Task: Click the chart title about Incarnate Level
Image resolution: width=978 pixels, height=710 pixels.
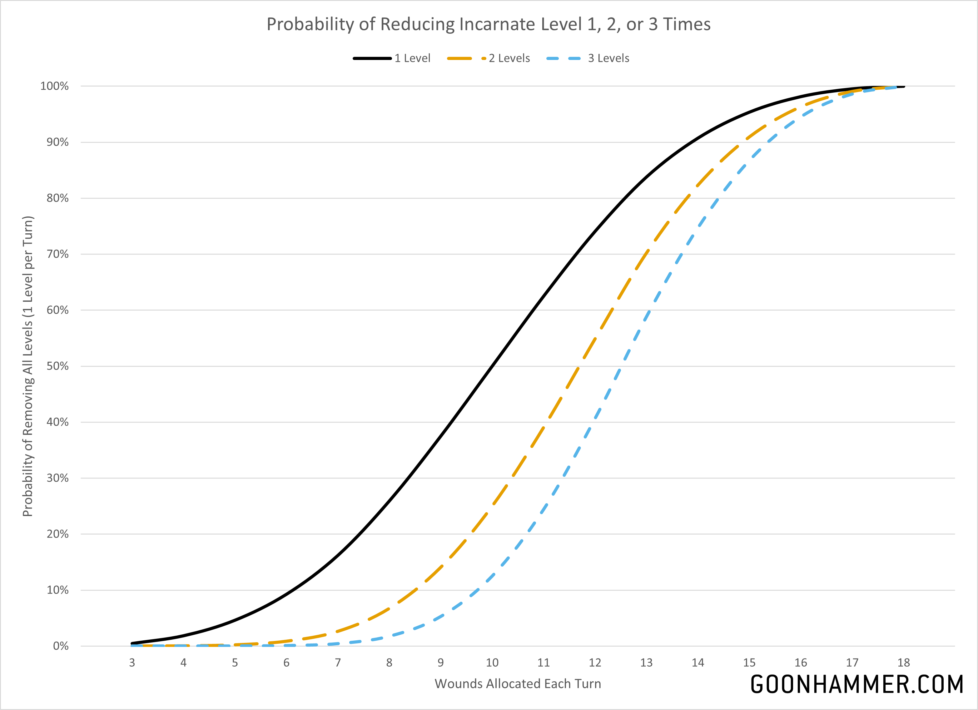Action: tap(488, 24)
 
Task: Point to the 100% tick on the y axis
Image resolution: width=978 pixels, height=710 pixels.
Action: tap(54, 86)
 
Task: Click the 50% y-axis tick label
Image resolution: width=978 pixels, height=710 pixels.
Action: tap(57, 366)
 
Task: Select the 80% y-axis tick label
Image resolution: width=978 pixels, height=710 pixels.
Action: tap(57, 198)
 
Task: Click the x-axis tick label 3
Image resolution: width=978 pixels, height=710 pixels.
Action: tap(132, 663)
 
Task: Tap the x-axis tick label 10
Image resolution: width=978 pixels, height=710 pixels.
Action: tap(492, 663)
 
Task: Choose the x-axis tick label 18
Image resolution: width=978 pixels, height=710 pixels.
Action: tap(903, 663)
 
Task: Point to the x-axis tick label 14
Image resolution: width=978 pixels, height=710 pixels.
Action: tap(698, 663)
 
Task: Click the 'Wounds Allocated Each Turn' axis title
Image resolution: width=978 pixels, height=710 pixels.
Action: tap(518, 684)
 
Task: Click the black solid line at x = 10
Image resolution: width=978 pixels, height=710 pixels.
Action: tap(492, 366)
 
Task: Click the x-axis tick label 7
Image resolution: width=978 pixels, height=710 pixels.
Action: tap(338, 663)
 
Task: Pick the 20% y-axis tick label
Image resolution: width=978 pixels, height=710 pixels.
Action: tap(57, 534)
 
